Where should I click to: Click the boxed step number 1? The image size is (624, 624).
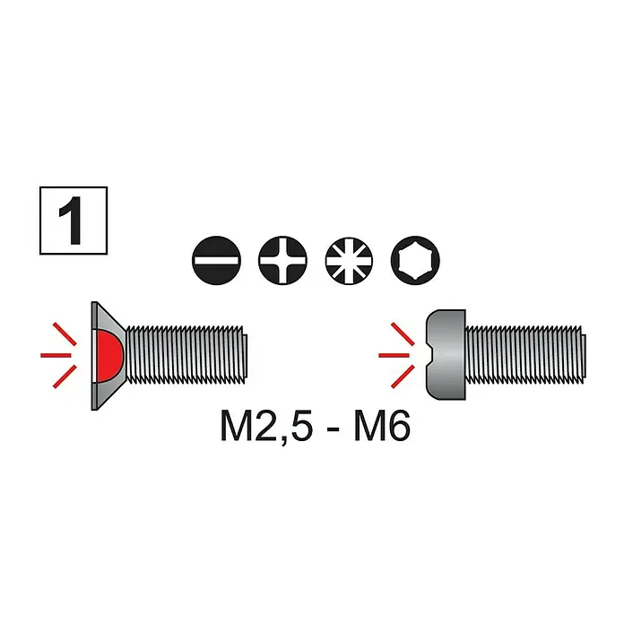coord(74,221)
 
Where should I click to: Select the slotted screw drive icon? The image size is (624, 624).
coord(216,260)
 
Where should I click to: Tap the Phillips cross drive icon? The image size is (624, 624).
coord(283,260)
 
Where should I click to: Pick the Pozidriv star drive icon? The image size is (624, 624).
coord(349,260)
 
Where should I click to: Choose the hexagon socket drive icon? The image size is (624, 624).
coord(415,260)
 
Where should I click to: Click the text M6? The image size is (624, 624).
coord(381,428)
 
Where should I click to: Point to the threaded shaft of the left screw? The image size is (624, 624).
coord(186,355)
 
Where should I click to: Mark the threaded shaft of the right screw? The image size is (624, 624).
coord(525,355)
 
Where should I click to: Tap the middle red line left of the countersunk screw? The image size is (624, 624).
coord(56,355)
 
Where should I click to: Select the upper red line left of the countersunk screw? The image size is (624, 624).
coord(65,334)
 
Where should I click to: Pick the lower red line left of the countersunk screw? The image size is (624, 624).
coord(65,377)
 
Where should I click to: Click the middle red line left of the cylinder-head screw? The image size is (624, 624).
coord(394,355)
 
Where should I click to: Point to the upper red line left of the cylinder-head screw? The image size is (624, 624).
coord(403,334)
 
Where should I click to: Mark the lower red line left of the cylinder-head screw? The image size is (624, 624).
coord(403,377)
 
